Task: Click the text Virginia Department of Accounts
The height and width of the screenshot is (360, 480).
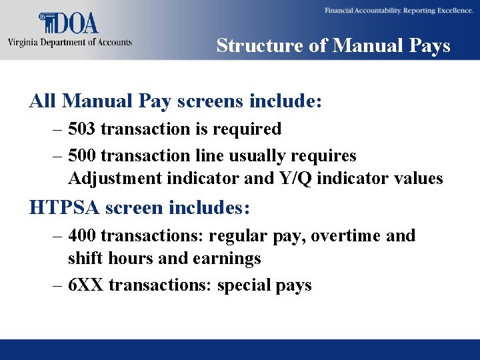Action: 70,42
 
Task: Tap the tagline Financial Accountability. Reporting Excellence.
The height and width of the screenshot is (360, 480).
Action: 397,11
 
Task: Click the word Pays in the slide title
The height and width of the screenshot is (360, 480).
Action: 428,45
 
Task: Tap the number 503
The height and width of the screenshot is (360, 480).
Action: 82,129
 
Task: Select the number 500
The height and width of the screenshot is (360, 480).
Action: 82,156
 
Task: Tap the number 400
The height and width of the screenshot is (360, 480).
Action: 82,236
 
